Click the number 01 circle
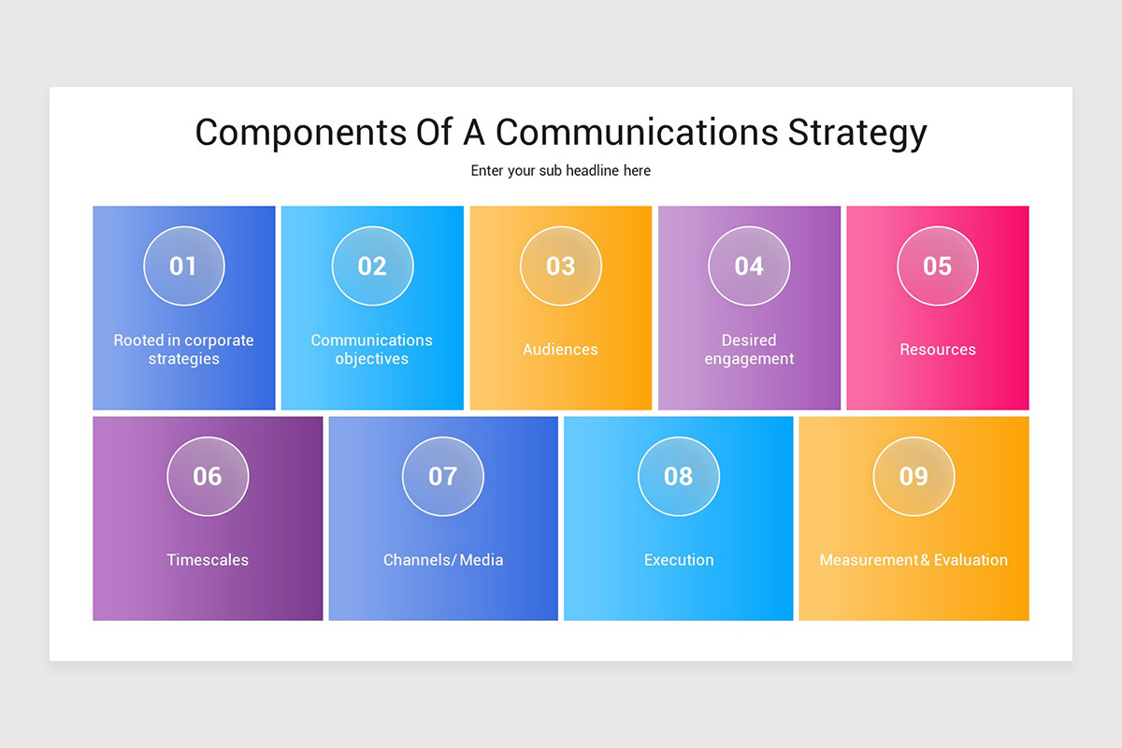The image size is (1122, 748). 184,266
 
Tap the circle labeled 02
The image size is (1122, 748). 372,266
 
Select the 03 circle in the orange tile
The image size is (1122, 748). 561,266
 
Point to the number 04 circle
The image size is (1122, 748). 749,266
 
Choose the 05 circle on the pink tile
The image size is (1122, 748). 938,266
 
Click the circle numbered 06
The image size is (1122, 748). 208,476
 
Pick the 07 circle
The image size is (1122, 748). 443,476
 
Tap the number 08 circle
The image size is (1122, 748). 679,476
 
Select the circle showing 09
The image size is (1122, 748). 913,476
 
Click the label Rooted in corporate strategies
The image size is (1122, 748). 184,350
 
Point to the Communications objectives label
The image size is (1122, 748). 372,350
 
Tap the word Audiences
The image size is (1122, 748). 561,350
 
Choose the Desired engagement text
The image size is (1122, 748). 749,350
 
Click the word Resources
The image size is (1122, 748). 938,350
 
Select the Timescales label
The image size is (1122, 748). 208,560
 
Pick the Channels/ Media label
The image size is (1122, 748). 443,560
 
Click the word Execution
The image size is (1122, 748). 679,560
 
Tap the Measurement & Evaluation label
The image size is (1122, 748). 913,560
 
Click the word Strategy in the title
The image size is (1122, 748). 856,133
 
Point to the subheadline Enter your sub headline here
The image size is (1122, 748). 561,171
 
